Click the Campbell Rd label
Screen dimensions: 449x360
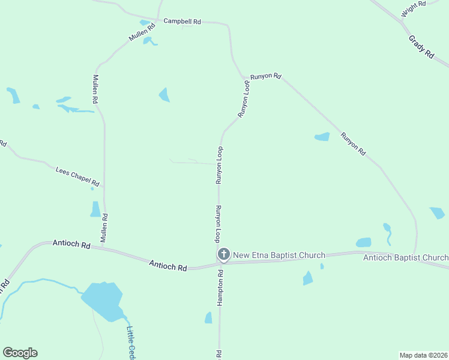[182, 20]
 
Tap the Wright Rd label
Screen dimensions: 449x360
[414, 9]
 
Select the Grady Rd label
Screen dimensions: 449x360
[421, 46]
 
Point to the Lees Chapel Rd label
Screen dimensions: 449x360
[77, 176]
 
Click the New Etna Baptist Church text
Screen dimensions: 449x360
[279, 255]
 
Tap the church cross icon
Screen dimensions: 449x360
[223, 255]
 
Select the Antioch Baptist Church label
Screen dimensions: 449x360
[406, 258]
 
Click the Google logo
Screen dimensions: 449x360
[20, 353]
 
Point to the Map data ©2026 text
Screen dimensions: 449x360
[424, 355]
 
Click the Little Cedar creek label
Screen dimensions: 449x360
[130, 342]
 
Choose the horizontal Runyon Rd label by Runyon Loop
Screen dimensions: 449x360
[266, 76]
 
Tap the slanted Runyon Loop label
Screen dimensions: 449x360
[243, 100]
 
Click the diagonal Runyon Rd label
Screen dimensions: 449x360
[353, 144]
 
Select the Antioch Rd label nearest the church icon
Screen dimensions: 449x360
[168, 265]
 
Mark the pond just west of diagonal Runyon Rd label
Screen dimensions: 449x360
[322, 137]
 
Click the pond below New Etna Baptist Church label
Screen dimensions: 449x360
[308, 278]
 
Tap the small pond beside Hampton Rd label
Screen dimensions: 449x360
[208, 317]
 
